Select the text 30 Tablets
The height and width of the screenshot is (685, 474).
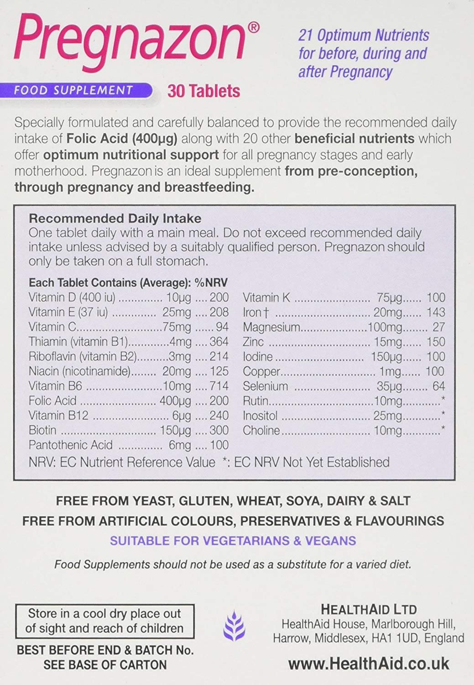(203, 91)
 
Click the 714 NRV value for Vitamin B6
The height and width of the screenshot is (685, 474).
(219, 386)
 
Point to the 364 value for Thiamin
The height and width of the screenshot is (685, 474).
(219, 342)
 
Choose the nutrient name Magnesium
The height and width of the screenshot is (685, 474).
(271, 327)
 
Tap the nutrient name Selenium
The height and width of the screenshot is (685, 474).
(266, 386)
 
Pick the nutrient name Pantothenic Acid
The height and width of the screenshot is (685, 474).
(70, 445)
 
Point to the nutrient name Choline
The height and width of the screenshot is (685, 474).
(261, 430)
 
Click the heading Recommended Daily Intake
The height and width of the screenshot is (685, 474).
(115, 219)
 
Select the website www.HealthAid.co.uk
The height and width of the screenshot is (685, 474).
(369, 664)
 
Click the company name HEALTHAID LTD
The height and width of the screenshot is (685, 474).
(369, 609)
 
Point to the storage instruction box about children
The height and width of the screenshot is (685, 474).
(104, 621)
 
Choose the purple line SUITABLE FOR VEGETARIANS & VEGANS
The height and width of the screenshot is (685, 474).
(233, 541)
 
